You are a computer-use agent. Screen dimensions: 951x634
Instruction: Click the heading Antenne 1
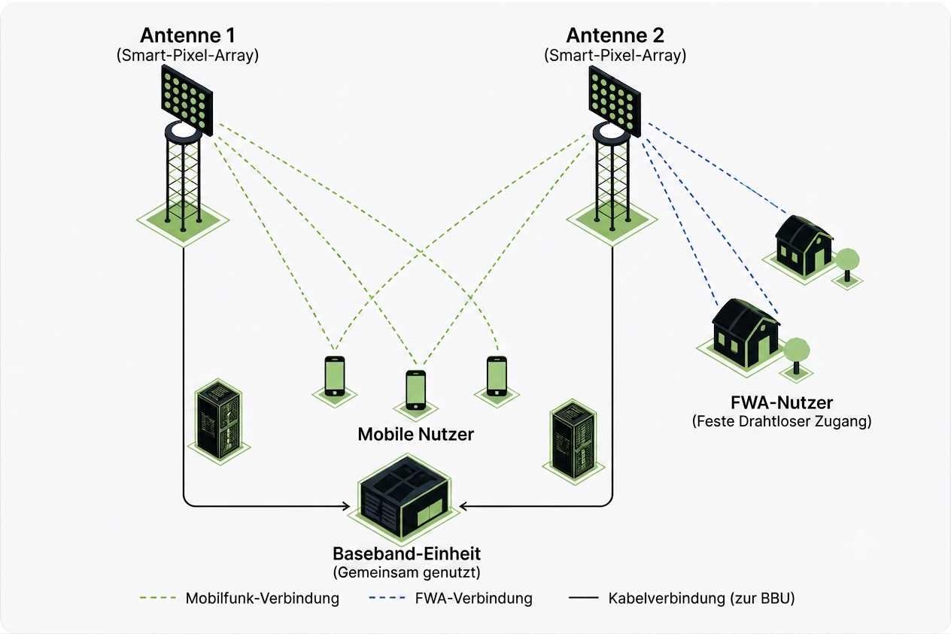(x=187, y=35)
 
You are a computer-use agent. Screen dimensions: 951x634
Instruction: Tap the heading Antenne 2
(x=615, y=35)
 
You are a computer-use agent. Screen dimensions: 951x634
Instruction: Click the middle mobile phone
(x=415, y=390)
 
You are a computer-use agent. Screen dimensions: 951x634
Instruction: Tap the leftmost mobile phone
(x=335, y=376)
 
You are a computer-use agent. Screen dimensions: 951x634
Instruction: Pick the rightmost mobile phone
(x=497, y=376)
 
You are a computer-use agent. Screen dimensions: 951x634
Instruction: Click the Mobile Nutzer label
(x=415, y=434)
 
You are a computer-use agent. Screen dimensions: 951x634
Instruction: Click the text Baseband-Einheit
(x=406, y=554)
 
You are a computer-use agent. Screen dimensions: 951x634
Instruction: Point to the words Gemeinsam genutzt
(x=406, y=572)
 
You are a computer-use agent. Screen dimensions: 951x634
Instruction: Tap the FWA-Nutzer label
(x=782, y=402)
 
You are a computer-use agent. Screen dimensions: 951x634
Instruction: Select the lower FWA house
(x=746, y=332)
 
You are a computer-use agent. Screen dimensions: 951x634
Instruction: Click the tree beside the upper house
(x=847, y=265)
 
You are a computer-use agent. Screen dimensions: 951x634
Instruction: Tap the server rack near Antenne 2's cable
(x=573, y=439)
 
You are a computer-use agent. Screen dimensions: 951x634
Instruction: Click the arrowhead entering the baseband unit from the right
(x=463, y=506)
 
